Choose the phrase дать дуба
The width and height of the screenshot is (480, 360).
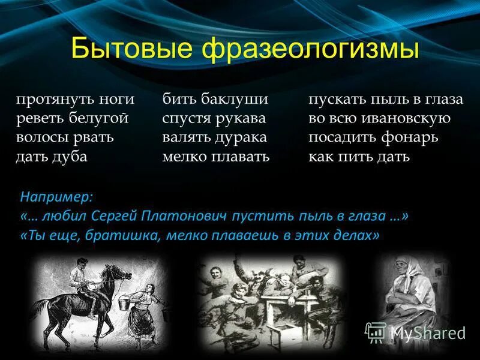pyautogui.click(x=52, y=157)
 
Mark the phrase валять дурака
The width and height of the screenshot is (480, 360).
pyautogui.click(x=214, y=138)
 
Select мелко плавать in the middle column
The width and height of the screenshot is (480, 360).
pyautogui.click(x=216, y=157)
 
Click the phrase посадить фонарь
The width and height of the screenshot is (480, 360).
pyautogui.click(x=374, y=138)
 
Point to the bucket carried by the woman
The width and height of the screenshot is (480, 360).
pyautogui.click(x=120, y=305)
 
